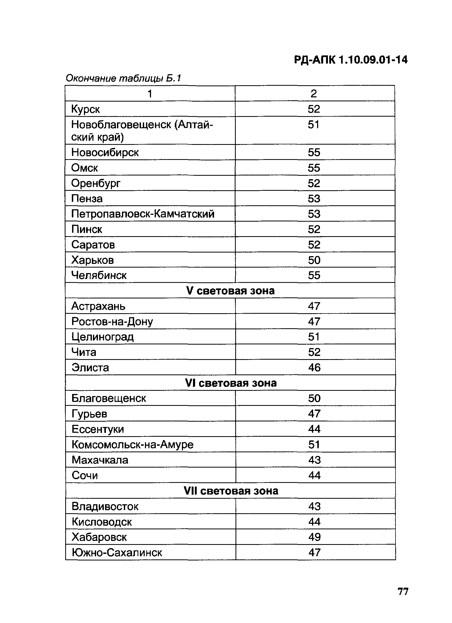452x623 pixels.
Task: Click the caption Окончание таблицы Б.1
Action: [123, 79]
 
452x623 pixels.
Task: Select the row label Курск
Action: [85, 109]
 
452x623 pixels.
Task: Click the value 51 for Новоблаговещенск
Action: [313, 125]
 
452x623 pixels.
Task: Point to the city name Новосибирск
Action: [105, 153]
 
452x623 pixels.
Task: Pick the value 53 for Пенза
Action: [314, 199]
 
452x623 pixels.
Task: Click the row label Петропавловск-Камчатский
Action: [143, 214]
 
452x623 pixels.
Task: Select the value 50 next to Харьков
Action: [314, 260]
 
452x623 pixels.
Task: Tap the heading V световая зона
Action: [230, 291]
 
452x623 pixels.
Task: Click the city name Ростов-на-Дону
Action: [112, 322]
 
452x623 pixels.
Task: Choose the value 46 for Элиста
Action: [314, 368]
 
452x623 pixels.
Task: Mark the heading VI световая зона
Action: [230, 383]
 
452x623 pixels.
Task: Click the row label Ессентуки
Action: [98, 429]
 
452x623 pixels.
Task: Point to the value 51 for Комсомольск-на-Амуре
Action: [314, 445]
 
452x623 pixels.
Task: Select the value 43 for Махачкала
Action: [314, 460]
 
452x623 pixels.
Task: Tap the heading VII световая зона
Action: [231, 491]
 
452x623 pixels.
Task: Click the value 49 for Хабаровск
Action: [314, 537]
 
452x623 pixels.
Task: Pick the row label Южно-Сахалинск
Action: [117, 552]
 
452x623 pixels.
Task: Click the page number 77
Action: [403, 591]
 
